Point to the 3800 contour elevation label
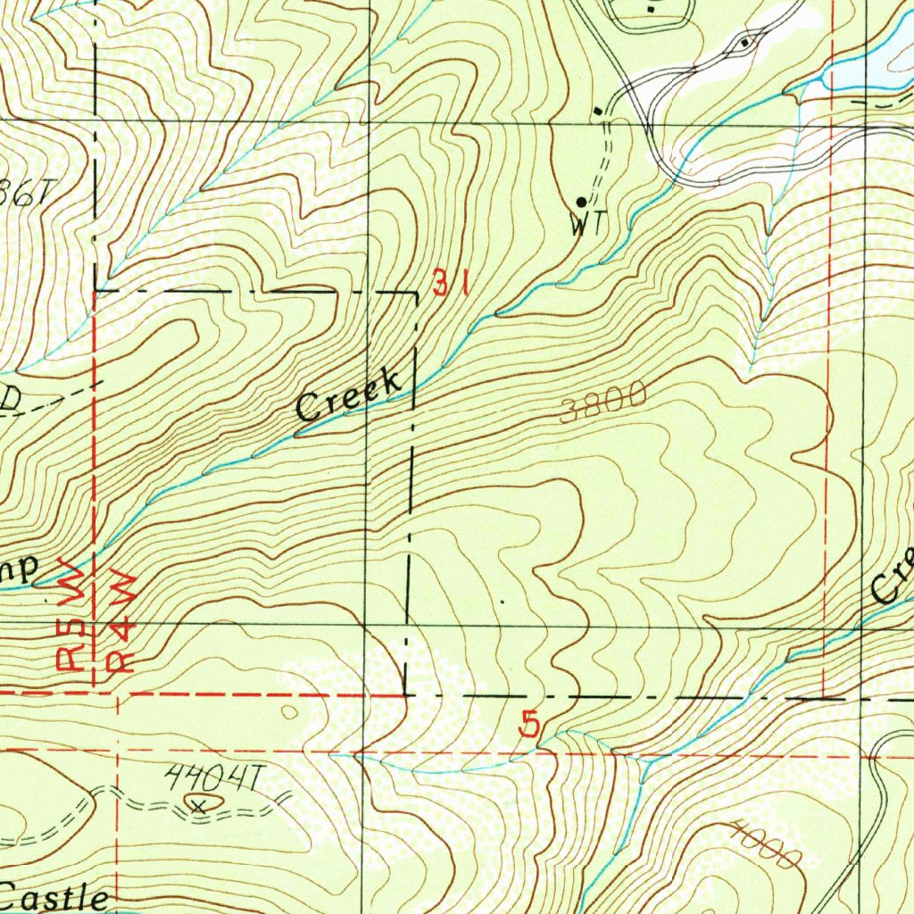tap(604, 404)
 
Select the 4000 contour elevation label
tap(763, 844)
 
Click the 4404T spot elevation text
tap(212, 779)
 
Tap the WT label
tap(587, 226)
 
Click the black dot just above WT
tap(581, 203)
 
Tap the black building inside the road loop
tap(745, 42)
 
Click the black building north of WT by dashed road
tap(597, 111)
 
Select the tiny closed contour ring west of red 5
tap(290, 711)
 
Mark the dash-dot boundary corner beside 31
tap(416, 293)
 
